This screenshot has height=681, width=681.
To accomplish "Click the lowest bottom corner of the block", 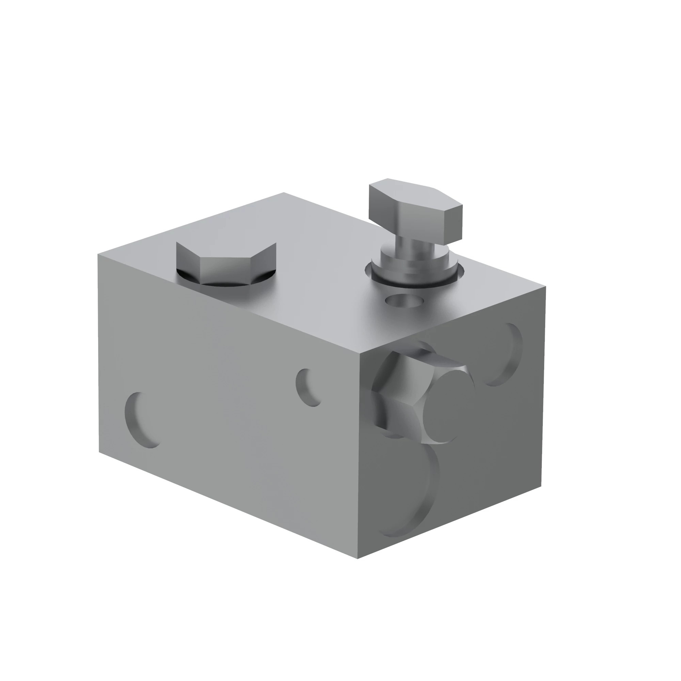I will (x=358, y=558).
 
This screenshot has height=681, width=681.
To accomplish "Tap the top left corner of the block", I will (x=98, y=254).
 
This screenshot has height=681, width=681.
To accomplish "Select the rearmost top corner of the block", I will (x=284, y=192).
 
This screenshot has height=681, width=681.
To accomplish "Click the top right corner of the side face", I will (x=545, y=287).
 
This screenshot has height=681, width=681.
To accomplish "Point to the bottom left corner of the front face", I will (x=99, y=452).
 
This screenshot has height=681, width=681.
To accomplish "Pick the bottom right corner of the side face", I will (x=541, y=487).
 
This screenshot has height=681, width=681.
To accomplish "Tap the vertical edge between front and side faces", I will (x=359, y=458).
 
